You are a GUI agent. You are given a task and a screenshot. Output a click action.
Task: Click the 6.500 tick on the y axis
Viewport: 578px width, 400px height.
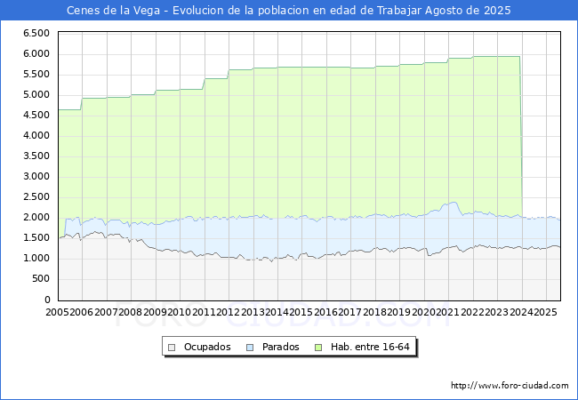pyautogui.click(x=36, y=34)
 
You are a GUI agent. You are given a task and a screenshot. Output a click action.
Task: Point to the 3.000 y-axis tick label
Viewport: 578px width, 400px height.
pyautogui.click(x=36, y=176)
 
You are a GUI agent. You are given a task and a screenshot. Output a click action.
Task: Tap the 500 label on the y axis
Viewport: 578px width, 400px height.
pyautogui.click(x=41, y=279)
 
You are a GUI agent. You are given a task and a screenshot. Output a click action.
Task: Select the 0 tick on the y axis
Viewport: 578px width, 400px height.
pyautogui.click(x=47, y=300)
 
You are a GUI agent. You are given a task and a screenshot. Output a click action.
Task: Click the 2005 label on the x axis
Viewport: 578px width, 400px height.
pyautogui.click(x=57, y=312)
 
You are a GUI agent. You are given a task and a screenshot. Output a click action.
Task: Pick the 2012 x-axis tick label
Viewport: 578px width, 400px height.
pyautogui.click(x=229, y=312)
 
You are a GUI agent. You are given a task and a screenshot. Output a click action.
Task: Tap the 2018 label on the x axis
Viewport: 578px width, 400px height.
pyautogui.click(x=374, y=312)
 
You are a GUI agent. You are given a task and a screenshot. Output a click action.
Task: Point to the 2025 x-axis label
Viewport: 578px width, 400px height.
pyautogui.click(x=545, y=312)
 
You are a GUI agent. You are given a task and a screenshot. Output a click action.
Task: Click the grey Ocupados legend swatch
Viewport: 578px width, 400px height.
pyautogui.click(x=172, y=348)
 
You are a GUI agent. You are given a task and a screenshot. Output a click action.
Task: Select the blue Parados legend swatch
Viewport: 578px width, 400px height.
pyautogui.click(x=250, y=348)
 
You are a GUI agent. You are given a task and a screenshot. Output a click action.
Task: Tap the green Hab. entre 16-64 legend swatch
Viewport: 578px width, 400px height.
pyautogui.click(x=318, y=348)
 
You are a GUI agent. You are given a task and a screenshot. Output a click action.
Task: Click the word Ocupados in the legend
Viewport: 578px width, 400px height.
pyautogui.click(x=207, y=347)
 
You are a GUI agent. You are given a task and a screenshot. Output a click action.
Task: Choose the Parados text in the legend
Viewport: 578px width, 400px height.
pyautogui.click(x=280, y=347)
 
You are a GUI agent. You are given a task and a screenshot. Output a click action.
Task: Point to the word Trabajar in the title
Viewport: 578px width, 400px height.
pyautogui.click(x=399, y=11)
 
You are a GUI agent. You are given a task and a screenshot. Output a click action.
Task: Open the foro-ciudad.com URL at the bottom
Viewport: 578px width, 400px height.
pyautogui.click(x=510, y=386)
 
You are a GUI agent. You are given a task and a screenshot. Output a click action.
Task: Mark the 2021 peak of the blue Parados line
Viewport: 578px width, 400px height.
pyautogui.click(x=454, y=202)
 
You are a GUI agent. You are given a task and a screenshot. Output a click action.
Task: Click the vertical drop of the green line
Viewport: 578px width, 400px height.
pyautogui.click(x=520, y=136)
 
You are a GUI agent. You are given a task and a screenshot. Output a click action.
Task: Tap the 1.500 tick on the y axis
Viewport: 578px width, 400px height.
pyautogui.click(x=36, y=238)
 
